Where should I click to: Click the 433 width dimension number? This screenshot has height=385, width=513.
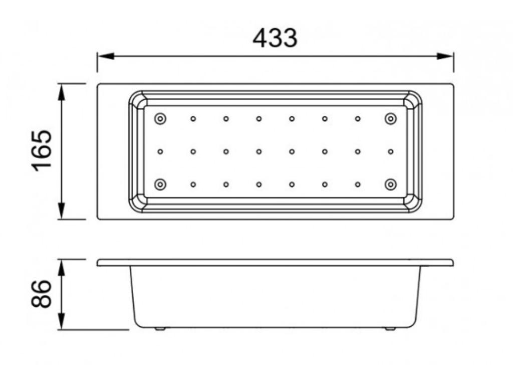[x=275, y=38]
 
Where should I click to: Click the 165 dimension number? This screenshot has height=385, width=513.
[x=42, y=151]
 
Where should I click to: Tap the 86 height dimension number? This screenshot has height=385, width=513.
[x=42, y=294]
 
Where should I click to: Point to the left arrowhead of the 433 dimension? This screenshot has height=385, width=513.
[x=105, y=56]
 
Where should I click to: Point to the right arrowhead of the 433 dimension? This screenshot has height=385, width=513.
[x=445, y=56]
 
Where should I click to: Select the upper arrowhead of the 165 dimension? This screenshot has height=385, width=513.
[x=62, y=92]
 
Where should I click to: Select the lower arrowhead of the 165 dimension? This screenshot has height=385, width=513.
[x=62, y=211]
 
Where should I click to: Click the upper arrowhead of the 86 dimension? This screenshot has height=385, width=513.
[x=62, y=268]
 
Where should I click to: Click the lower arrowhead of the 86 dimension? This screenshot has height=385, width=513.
[x=62, y=321]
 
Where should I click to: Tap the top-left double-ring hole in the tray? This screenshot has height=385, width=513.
[x=160, y=119]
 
